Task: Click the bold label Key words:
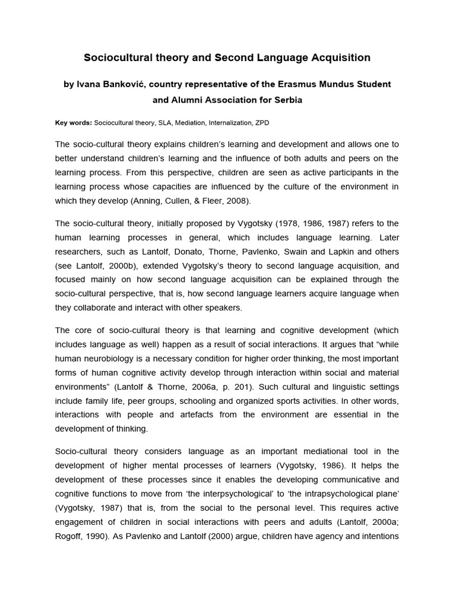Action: pyautogui.click(x=73, y=122)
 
